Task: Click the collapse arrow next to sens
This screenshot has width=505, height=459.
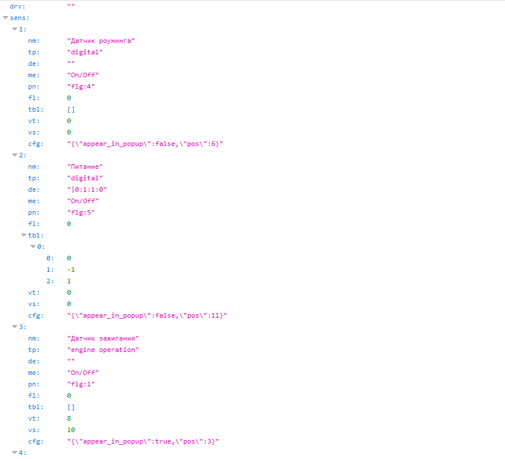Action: pyautogui.click(x=6, y=18)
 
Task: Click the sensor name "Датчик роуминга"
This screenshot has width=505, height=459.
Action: pyautogui.click(x=101, y=41)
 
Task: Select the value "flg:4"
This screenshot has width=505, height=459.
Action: pyautogui.click(x=81, y=86)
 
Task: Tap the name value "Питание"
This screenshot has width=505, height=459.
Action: pyautogui.click(x=85, y=167)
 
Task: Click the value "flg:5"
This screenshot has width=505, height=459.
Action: pyautogui.click(x=81, y=212)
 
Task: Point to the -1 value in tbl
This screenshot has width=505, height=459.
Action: pyautogui.click(x=71, y=270)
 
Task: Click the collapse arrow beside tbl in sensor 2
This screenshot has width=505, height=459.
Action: pyautogui.click(x=23, y=235)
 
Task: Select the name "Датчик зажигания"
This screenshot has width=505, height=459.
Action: pyautogui.click(x=102, y=338)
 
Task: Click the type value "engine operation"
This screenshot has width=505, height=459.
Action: pyautogui.click(x=102, y=350)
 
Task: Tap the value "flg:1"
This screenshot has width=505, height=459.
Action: pyautogui.click(x=81, y=384)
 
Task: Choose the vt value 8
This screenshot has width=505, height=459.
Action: pyautogui.click(x=69, y=418)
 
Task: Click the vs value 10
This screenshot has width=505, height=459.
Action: pyautogui.click(x=71, y=430)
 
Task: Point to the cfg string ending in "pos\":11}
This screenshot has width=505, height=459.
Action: pyautogui.click(x=147, y=315)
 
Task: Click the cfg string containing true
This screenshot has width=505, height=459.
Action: pyautogui.click(x=143, y=441)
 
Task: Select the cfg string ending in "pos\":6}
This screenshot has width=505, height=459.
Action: pyautogui.click(x=145, y=144)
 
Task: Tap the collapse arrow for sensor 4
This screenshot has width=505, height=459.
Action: pyautogui.click(x=14, y=453)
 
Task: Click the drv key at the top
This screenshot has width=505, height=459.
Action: pyautogui.click(x=17, y=6)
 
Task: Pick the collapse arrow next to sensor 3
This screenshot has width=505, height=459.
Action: pyautogui.click(x=14, y=327)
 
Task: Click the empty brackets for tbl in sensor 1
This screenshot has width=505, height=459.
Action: pyautogui.click(x=71, y=110)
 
